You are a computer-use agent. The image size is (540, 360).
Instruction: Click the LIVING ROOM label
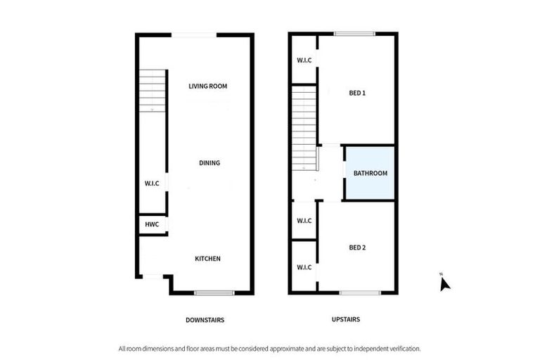(x=208, y=86)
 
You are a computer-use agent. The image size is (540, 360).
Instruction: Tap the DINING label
(x=210, y=163)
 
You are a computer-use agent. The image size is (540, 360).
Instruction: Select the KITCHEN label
(x=207, y=259)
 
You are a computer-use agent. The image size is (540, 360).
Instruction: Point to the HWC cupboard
(x=152, y=224)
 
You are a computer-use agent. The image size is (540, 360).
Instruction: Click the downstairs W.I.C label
(x=152, y=184)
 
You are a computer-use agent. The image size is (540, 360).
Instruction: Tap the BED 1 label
(x=358, y=93)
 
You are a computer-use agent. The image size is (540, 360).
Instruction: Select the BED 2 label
(x=358, y=247)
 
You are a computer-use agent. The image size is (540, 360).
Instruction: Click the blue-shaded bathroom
(x=370, y=172)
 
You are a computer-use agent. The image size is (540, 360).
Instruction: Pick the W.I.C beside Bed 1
(x=304, y=60)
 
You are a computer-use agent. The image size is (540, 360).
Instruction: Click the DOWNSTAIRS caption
(x=205, y=319)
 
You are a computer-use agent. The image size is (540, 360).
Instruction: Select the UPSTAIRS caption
(x=345, y=319)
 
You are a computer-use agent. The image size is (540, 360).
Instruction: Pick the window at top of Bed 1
(x=354, y=34)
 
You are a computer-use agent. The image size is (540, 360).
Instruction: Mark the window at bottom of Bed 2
(x=360, y=292)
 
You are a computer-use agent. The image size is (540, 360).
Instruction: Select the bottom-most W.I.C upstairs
(x=304, y=267)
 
